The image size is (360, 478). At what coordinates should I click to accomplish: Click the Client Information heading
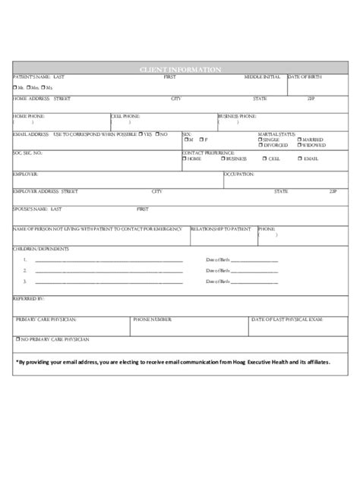point(180,70)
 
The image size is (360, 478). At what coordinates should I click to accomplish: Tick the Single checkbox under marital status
point(261,140)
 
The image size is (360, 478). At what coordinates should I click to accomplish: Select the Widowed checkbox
point(298,145)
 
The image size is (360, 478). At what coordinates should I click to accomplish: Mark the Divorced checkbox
point(261,145)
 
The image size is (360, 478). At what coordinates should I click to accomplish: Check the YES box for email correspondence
point(141,134)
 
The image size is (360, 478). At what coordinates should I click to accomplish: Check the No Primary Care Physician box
point(17,339)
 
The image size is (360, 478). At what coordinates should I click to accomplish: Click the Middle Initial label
point(262,77)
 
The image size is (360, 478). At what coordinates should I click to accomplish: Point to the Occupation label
point(238,174)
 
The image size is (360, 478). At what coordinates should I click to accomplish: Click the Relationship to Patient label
point(220,228)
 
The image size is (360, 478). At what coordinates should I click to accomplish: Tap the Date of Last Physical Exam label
point(292,320)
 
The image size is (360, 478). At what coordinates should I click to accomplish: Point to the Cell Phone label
point(125,115)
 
